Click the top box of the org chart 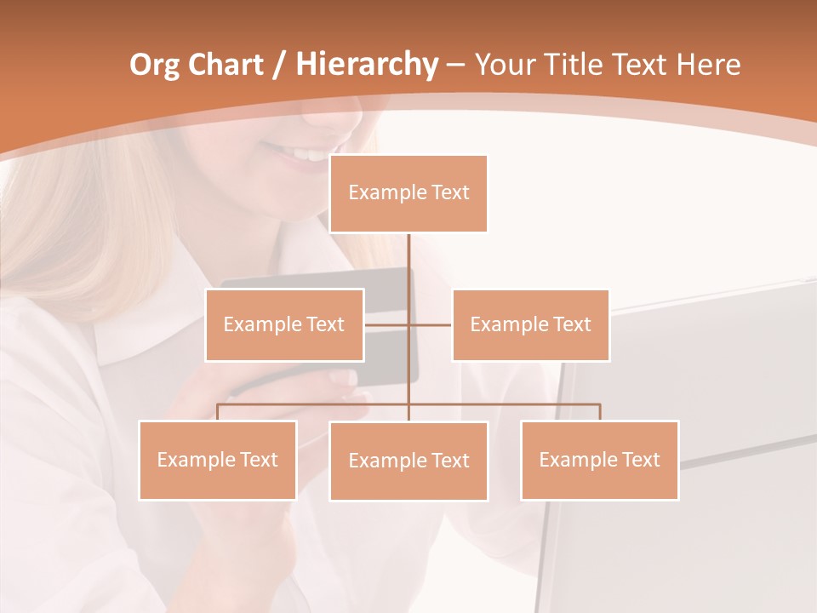pyautogui.click(x=408, y=193)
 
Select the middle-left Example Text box pyautogui.click(x=284, y=324)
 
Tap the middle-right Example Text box pyautogui.click(x=530, y=324)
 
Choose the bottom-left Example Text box pyautogui.click(x=218, y=460)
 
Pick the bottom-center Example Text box pyautogui.click(x=408, y=461)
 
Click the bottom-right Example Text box pyautogui.click(x=599, y=460)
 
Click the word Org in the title pyautogui.click(x=153, y=65)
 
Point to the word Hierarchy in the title pyautogui.click(x=366, y=65)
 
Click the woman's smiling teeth pyautogui.click(x=298, y=154)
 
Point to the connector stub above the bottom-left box pyautogui.click(x=218, y=412)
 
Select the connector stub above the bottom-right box pyautogui.click(x=599, y=412)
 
